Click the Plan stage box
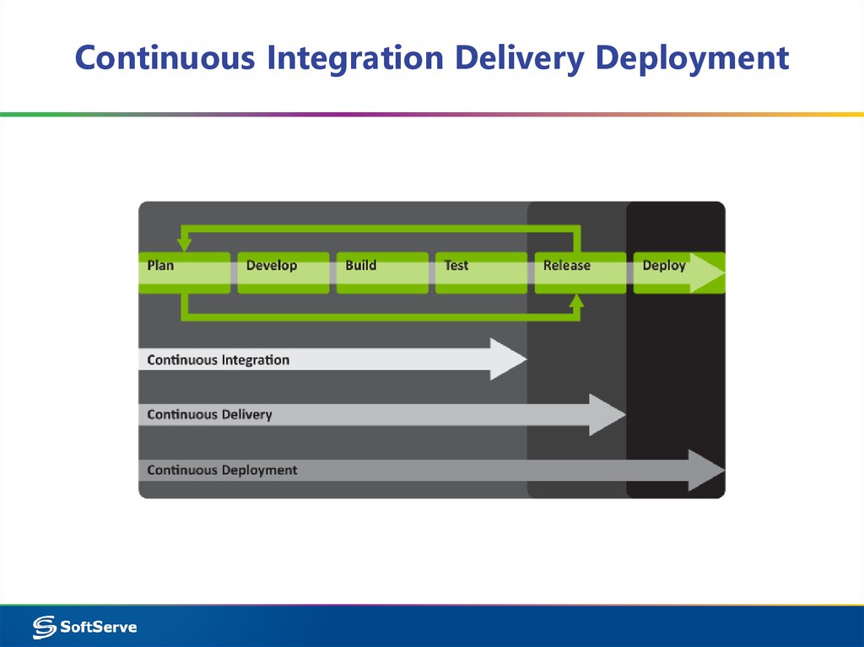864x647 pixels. (x=183, y=272)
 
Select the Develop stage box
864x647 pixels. (x=283, y=272)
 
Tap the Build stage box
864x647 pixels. (x=381, y=272)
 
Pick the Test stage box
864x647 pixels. (x=480, y=272)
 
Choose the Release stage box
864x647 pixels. (x=580, y=272)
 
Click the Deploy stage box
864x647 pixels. (x=675, y=272)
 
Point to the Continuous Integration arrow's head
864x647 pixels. (x=510, y=360)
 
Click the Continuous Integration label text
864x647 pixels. (x=218, y=360)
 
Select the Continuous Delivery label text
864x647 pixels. (x=209, y=415)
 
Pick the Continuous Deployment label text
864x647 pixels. (x=222, y=470)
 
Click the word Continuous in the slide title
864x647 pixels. (x=165, y=58)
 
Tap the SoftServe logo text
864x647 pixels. (x=98, y=627)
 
